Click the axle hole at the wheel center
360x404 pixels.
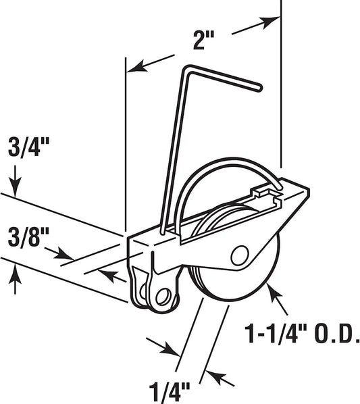(238, 255)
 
